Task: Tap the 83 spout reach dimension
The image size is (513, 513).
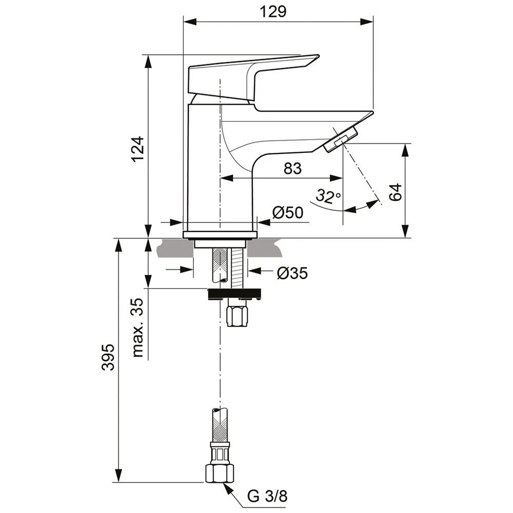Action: coord(292,168)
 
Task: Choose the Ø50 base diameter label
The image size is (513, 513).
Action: coord(288,212)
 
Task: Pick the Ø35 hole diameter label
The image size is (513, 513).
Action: coord(292,273)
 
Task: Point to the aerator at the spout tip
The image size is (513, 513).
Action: coord(340,140)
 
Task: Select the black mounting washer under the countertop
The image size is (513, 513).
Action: coord(233,294)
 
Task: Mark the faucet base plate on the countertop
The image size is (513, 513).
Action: coord(220,235)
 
